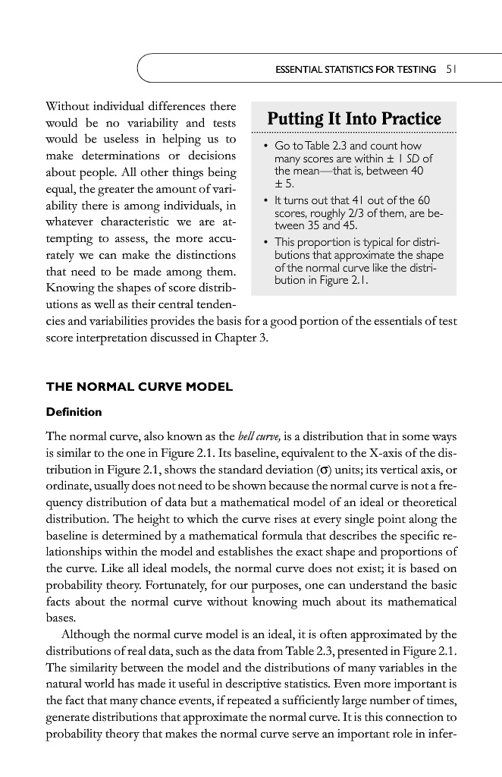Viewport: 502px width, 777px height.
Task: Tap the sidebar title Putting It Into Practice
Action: [x=354, y=120]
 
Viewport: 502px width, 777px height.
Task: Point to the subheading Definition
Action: [x=74, y=412]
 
